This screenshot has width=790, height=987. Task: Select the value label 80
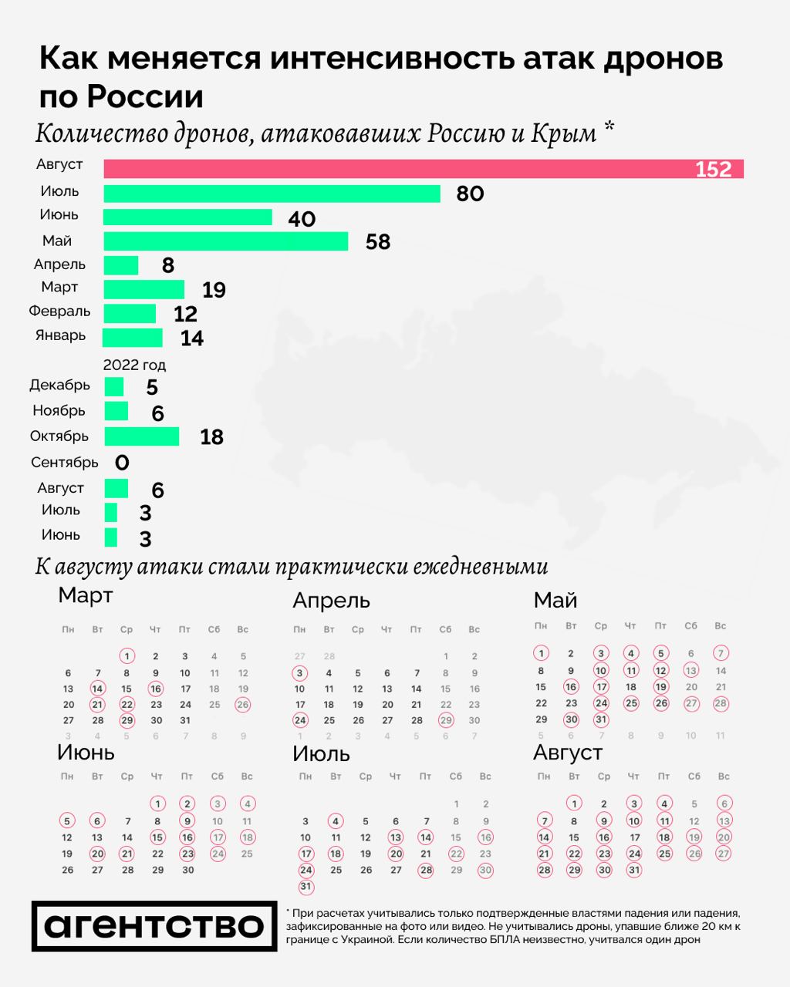470,194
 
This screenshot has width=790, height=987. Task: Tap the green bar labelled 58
225,241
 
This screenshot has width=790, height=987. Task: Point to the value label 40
302,219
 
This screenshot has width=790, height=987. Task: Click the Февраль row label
59,312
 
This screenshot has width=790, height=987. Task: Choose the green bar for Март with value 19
143,289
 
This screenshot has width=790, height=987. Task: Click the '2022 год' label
134,365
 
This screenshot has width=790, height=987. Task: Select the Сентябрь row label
64,462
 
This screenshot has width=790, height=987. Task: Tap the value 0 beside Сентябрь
122,463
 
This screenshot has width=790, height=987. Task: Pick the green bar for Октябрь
141,436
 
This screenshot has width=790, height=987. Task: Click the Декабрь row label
59,385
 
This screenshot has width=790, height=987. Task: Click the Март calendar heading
86,595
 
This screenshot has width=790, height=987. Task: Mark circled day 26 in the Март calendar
243,704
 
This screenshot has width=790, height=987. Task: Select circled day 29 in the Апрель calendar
445,720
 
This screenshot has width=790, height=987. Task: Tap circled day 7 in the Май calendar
721,653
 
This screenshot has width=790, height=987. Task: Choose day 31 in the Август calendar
633,870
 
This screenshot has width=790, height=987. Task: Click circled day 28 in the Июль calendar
426,870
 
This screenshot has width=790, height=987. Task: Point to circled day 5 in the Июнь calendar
68,821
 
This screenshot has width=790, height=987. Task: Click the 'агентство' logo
154,925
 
